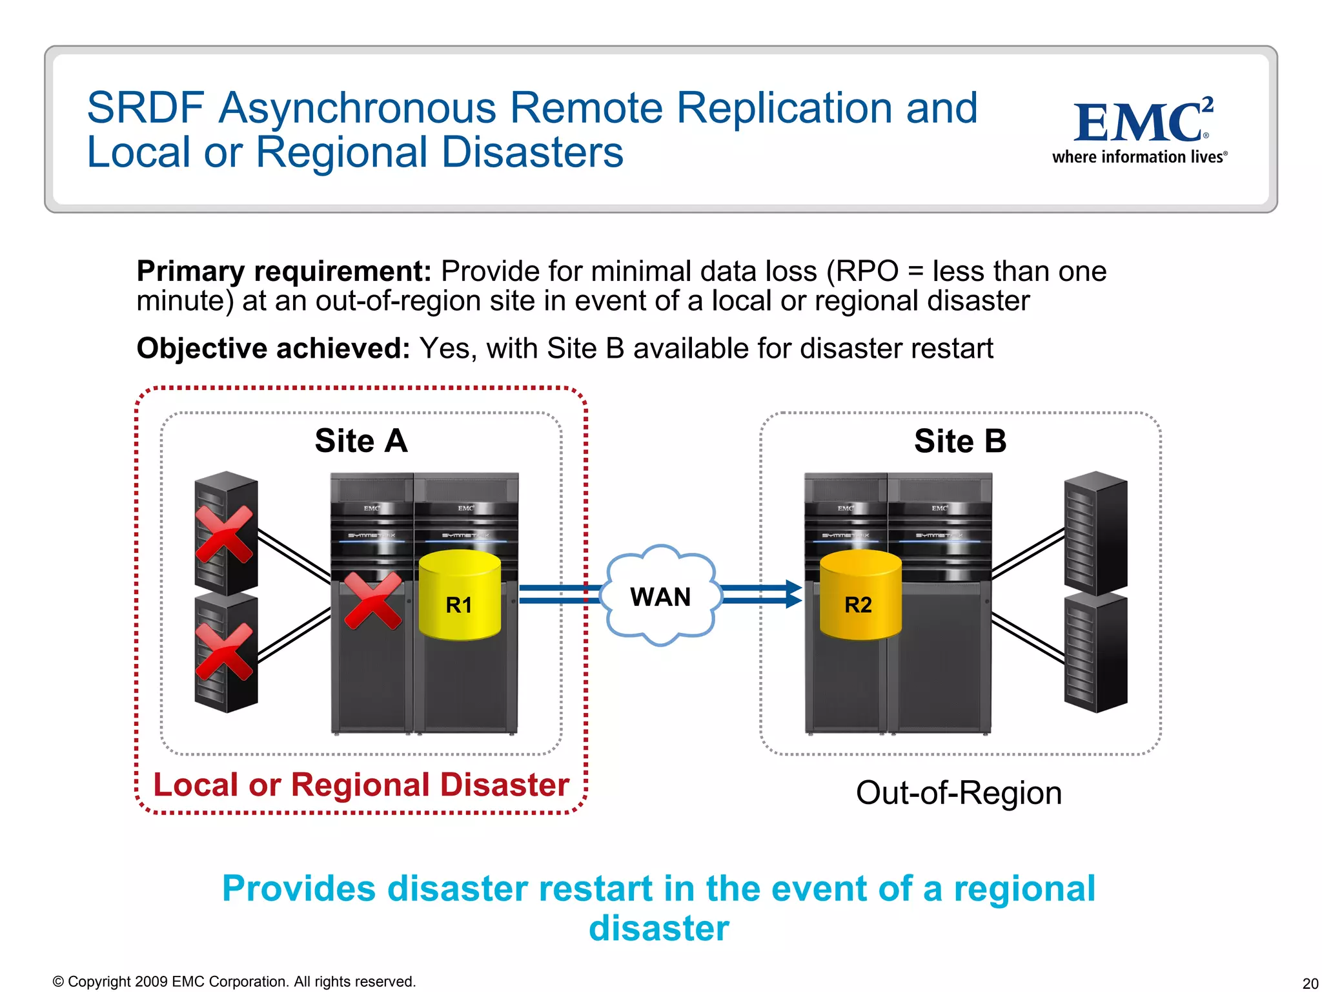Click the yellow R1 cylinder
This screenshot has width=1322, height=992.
(x=460, y=595)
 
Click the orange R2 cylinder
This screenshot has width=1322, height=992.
(x=860, y=595)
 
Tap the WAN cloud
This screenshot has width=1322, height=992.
(x=660, y=596)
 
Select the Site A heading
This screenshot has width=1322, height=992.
(x=361, y=441)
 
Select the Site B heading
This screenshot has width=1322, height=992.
(x=960, y=441)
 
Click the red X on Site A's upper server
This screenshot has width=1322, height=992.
(x=224, y=534)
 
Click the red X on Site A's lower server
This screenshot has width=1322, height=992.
(x=224, y=651)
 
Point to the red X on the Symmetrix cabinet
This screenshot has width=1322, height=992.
(x=372, y=601)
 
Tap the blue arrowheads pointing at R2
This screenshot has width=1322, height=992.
(x=793, y=594)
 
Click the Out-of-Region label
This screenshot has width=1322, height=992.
(x=959, y=792)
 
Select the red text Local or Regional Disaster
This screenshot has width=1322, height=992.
(x=361, y=785)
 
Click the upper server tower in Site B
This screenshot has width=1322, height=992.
(x=1095, y=533)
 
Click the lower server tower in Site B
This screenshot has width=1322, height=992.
(x=1095, y=652)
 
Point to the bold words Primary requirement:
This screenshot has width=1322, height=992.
(x=283, y=271)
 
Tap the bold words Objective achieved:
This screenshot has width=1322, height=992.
(x=273, y=349)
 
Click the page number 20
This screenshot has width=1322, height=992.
(x=1310, y=983)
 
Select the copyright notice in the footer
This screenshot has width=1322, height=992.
(x=234, y=982)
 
